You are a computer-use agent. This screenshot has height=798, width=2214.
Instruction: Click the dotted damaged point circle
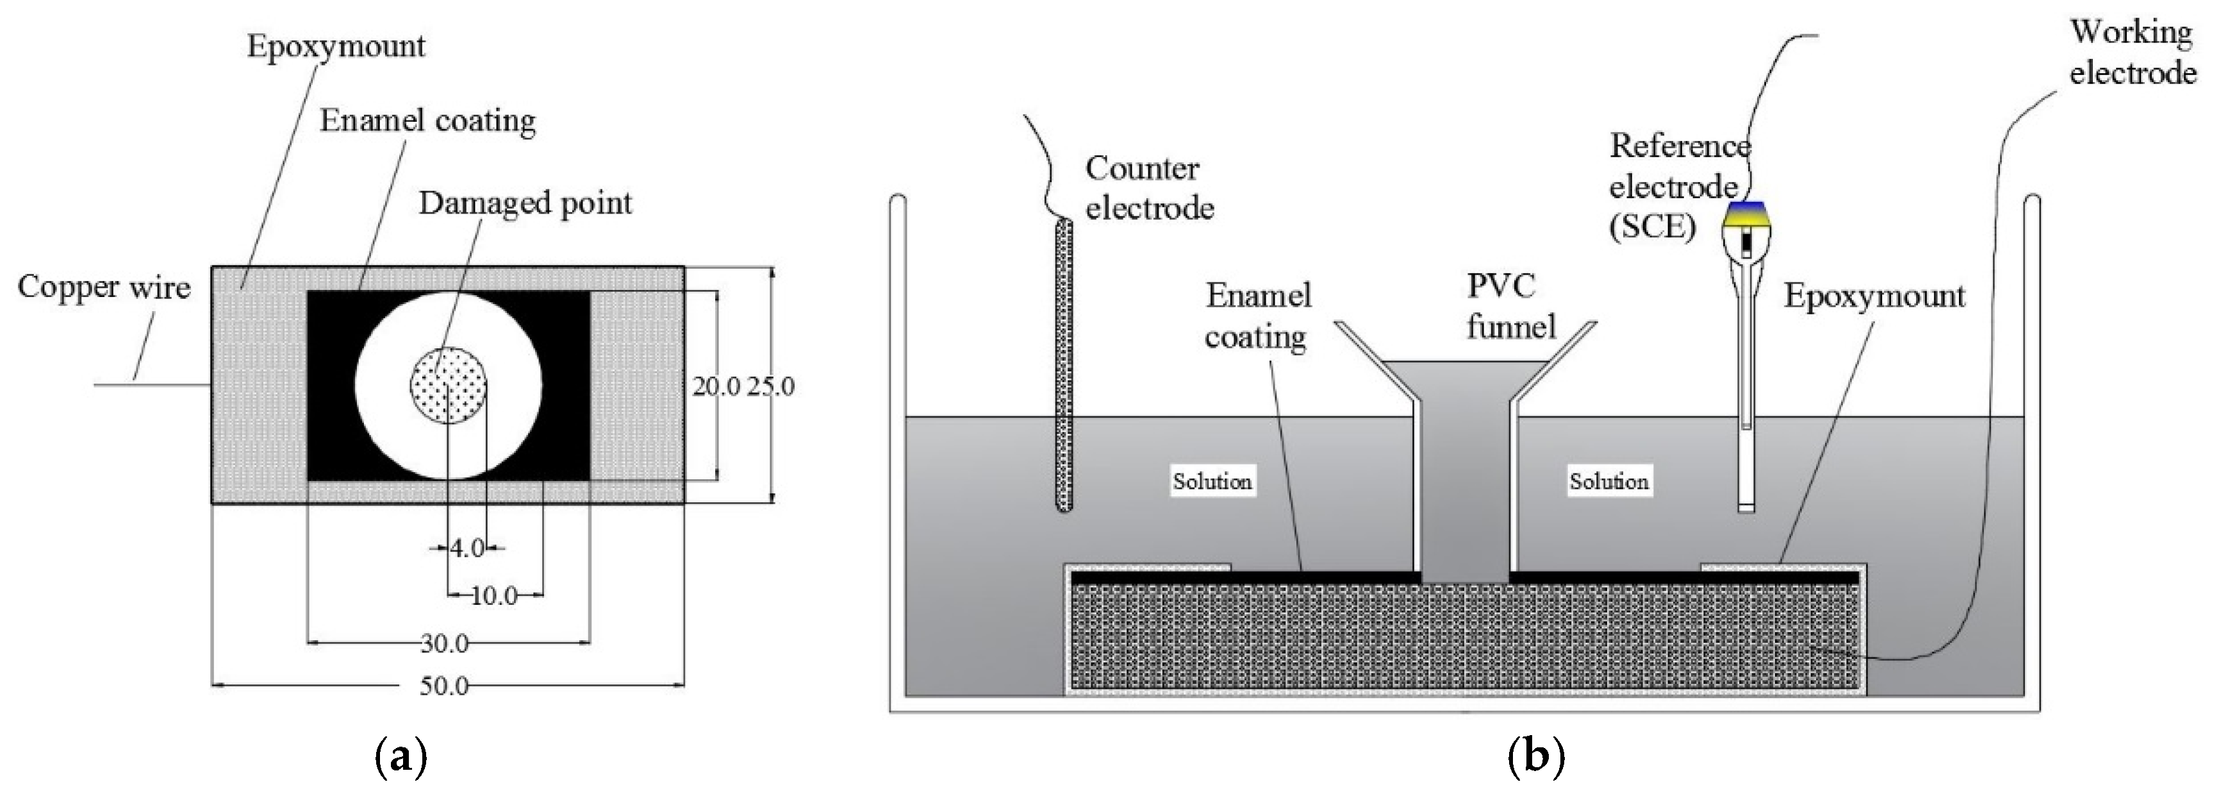click(449, 386)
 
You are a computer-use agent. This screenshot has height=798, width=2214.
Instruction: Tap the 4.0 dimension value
click(468, 548)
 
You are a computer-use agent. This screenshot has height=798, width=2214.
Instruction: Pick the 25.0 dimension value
click(770, 387)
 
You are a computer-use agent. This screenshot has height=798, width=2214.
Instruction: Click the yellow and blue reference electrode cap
click(1746, 220)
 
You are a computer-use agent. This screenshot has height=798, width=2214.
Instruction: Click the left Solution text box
click(1212, 480)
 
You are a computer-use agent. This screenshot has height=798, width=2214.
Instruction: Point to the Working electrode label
click(2131, 53)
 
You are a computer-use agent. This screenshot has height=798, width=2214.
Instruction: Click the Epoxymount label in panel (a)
click(336, 46)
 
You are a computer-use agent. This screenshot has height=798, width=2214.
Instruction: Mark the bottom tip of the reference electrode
click(1746, 507)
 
